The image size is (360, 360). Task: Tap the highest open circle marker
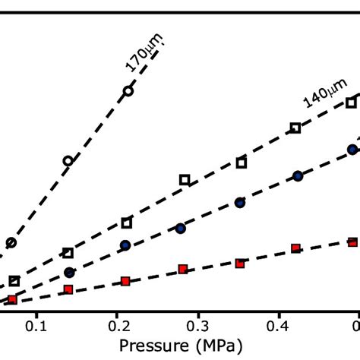coord(128,91)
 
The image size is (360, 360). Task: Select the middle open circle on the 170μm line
coord(68,161)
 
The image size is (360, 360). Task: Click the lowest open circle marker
coord(11,243)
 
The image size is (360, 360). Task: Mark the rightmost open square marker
coord(352,103)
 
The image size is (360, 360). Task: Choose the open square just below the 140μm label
coord(295,128)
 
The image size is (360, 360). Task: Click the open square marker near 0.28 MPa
coord(185,180)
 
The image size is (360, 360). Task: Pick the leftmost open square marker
coord(14,282)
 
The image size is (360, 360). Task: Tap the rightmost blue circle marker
coord(352,150)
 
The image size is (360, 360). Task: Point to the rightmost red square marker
coord(353,242)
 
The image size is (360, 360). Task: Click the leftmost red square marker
coord(11,299)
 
